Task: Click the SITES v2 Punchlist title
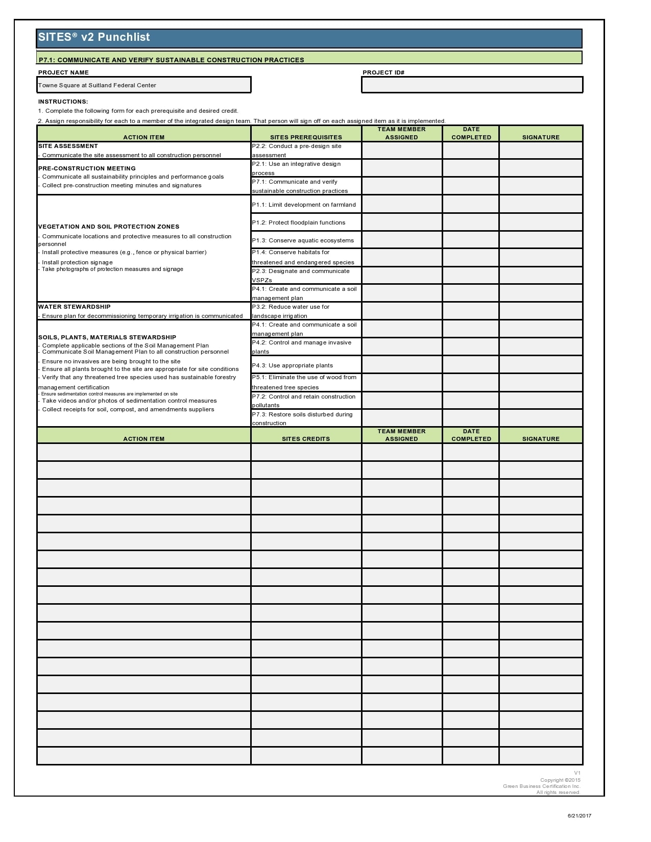(x=94, y=37)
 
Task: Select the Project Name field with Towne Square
(x=143, y=85)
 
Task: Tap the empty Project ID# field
(x=472, y=85)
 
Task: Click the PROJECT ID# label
(x=383, y=72)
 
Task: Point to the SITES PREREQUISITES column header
(x=306, y=137)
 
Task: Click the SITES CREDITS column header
(x=306, y=439)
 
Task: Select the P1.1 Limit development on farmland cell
(x=306, y=205)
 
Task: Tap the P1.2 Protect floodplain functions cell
(x=306, y=222)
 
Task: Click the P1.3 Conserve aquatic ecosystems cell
(x=306, y=240)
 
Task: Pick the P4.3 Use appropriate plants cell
(x=306, y=365)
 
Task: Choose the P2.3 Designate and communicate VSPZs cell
(x=306, y=276)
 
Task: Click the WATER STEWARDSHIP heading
(x=75, y=307)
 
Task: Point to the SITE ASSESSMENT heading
(x=68, y=146)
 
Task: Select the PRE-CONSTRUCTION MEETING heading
(x=87, y=168)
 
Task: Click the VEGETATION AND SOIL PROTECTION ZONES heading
(x=109, y=227)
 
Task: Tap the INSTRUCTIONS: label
(x=63, y=102)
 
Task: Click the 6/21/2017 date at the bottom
(x=580, y=815)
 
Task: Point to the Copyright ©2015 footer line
(x=560, y=780)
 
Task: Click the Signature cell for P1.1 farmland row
(x=541, y=205)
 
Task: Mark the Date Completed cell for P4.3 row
(x=471, y=365)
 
